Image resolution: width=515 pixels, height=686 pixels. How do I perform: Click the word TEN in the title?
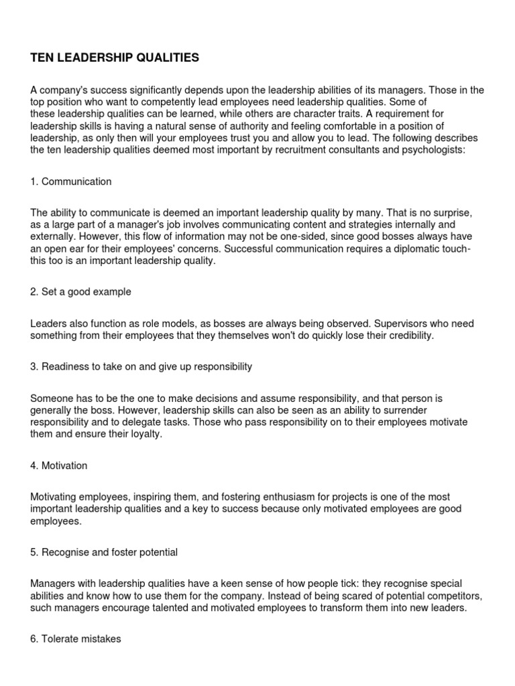click(x=41, y=58)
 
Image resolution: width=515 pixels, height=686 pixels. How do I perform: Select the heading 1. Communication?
click(x=71, y=182)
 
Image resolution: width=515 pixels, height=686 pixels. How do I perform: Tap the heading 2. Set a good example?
click(x=80, y=292)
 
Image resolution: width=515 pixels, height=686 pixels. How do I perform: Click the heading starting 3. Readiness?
click(x=141, y=366)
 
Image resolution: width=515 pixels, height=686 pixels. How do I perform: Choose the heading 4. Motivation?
click(x=59, y=466)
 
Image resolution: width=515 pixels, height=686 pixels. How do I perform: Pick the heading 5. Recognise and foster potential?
click(x=104, y=552)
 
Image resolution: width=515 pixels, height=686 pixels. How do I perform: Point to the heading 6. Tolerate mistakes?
click(x=76, y=639)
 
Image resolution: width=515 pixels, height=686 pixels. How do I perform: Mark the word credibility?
click(x=408, y=336)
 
